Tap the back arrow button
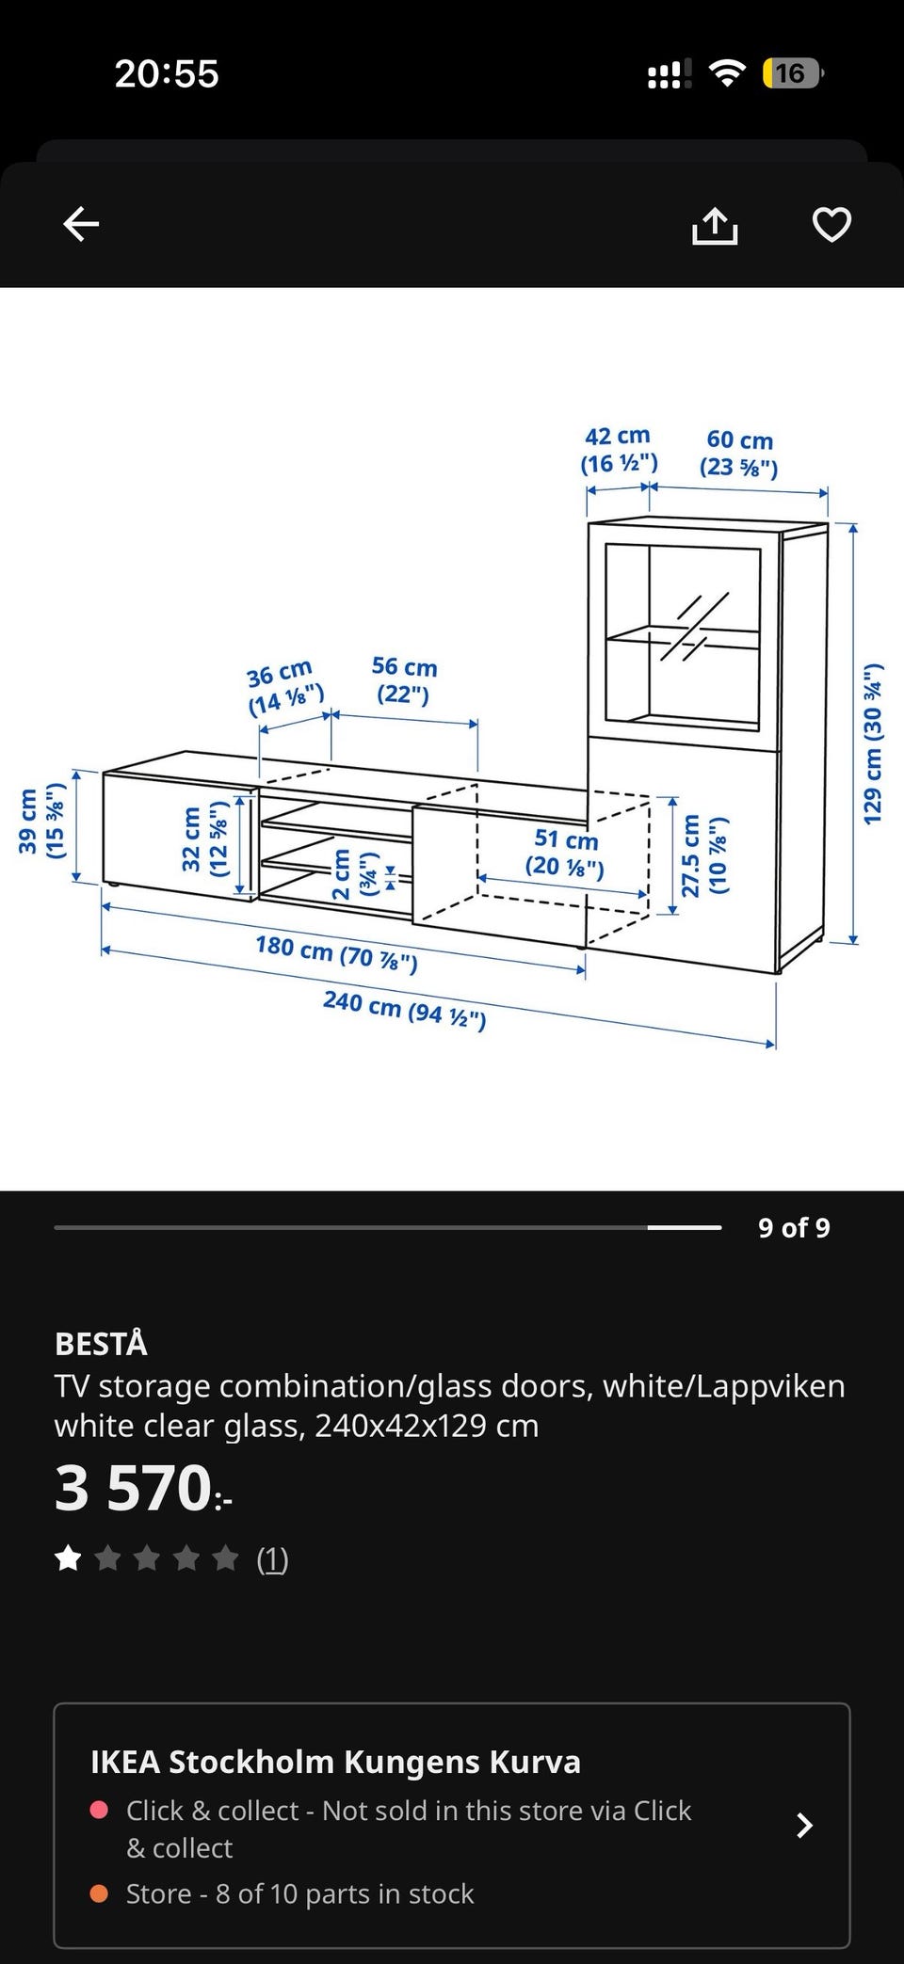81,224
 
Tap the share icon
715,225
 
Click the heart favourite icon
831,224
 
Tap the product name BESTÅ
102,1343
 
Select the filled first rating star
69,1559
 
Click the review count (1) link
272,1559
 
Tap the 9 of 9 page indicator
794,1227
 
